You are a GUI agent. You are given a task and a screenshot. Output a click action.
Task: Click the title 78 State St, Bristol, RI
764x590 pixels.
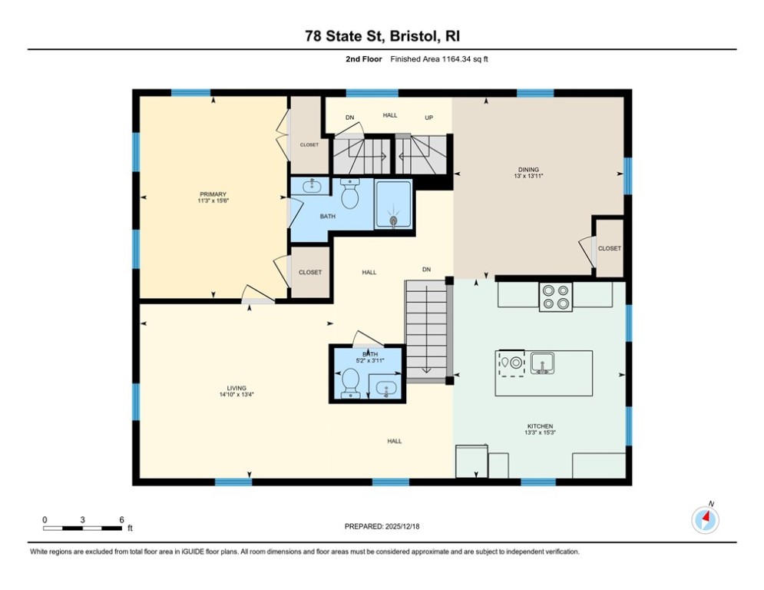[x=382, y=36]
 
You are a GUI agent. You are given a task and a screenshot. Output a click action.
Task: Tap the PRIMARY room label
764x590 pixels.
[x=213, y=194]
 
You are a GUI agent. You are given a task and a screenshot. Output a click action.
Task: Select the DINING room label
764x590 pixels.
[x=528, y=170]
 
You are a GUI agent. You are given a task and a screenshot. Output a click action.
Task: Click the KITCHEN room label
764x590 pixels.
[x=540, y=426]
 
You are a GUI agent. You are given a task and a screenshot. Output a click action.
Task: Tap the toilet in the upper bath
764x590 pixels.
[x=350, y=194]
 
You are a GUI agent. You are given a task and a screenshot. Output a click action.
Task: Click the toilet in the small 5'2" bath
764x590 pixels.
[x=350, y=382]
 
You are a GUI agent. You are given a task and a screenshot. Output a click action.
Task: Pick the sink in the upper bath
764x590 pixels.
[x=313, y=186]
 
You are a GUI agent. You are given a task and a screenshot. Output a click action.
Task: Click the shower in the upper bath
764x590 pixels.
[x=393, y=204]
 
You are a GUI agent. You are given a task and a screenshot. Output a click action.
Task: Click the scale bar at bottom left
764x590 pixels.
[x=82, y=527]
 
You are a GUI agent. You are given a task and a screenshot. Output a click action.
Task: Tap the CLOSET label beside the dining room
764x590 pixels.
[x=609, y=248]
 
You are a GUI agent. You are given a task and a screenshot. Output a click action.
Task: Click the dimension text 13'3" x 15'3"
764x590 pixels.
[x=540, y=433]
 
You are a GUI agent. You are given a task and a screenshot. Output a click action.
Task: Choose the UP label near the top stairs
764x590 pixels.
[x=429, y=118]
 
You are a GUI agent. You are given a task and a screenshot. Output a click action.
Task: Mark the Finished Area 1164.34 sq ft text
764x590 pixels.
[x=439, y=59]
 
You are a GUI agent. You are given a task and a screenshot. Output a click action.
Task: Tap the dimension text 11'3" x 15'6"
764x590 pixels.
[x=213, y=201]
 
